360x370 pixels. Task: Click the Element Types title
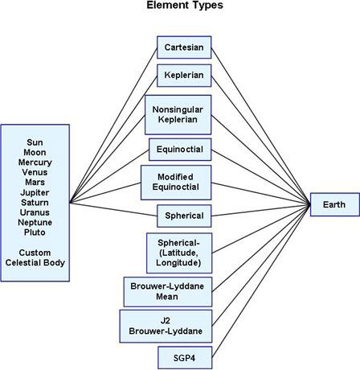pyautogui.click(x=185, y=5)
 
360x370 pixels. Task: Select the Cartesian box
pyautogui.click(x=184, y=47)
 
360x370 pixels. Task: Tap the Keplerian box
pyautogui.click(x=184, y=76)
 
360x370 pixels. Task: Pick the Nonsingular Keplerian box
pyautogui.click(x=178, y=115)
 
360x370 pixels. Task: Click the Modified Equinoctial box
pyautogui.click(x=176, y=183)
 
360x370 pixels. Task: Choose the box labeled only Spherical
pyautogui.click(x=184, y=216)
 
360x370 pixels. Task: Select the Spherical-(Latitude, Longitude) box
pyautogui.click(x=179, y=253)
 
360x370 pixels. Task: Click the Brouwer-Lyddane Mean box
pyautogui.click(x=168, y=292)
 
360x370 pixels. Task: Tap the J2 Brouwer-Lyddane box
pyautogui.click(x=166, y=326)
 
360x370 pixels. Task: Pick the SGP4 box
pyautogui.click(x=185, y=358)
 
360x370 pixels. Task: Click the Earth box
pyautogui.click(x=335, y=204)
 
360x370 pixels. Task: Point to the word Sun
pyautogui.click(x=35, y=142)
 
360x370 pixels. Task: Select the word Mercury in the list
pyautogui.click(x=35, y=162)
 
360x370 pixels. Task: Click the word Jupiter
pyautogui.click(x=35, y=192)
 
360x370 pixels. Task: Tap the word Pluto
pyautogui.click(x=35, y=232)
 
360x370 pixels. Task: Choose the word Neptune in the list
pyautogui.click(x=35, y=223)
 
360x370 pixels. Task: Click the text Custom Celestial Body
pyautogui.click(x=35, y=257)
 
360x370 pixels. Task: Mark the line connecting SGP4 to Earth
pyautogui.click(x=261, y=281)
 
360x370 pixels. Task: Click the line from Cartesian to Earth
pyautogui.click(x=260, y=126)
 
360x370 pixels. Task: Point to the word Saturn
pyautogui.click(x=35, y=203)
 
